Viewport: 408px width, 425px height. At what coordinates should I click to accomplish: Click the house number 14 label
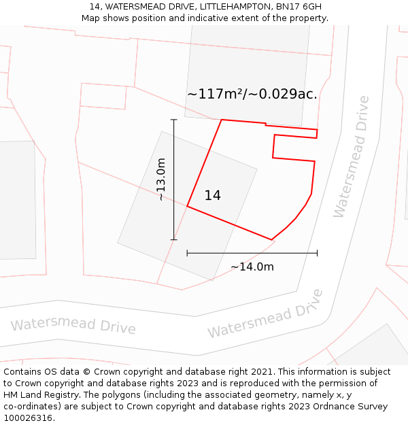tap(212, 196)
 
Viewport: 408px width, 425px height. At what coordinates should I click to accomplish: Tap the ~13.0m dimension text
tap(161, 180)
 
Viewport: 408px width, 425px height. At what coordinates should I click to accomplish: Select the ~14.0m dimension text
tap(252, 267)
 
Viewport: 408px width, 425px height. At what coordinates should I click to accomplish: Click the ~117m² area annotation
tap(252, 95)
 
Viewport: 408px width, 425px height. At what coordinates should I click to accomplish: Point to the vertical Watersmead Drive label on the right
tap(351, 156)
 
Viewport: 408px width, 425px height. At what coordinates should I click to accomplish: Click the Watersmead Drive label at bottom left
tap(73, 324)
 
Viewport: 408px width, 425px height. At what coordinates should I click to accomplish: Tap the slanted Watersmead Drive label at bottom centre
tap(265, 314)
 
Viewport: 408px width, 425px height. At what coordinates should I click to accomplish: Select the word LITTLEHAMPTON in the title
tap(234, 7)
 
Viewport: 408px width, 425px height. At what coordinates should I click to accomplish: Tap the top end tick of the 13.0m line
tap(173, 120)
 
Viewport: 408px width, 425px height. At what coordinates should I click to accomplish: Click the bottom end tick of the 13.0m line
tap(173, 239)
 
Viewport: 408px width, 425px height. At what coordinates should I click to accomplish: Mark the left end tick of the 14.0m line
tap(187, 253)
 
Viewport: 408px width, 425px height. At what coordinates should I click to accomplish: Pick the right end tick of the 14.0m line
tap(317, 253)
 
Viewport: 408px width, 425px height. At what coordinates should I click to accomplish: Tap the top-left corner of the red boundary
tap(222, 120)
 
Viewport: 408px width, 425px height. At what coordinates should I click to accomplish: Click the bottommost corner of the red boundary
tap(272, 240)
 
